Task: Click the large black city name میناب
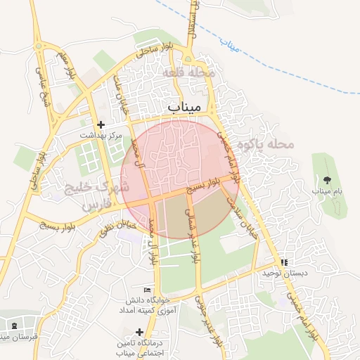tap(185, 106)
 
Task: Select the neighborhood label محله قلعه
tap(192, 73)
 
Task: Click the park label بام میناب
tap(326, 191)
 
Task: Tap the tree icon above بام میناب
tap(326, 180)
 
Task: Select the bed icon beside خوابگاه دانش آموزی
tap(147, 290)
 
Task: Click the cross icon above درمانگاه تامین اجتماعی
tap(139, 332)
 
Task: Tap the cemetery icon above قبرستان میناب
tap(15, 326)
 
